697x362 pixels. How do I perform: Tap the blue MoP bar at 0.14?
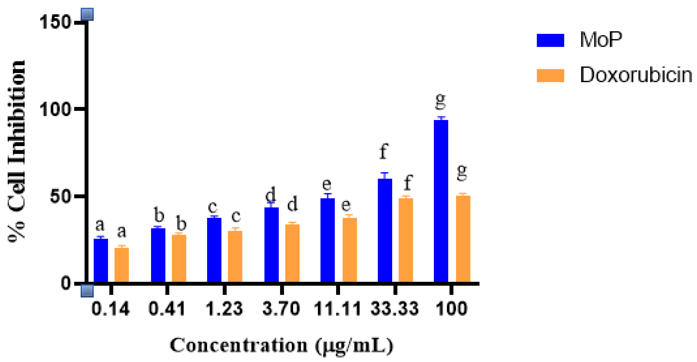101,260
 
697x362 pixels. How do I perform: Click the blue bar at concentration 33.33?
385,230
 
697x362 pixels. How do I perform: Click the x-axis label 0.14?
110,309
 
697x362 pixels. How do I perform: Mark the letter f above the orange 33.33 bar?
408,182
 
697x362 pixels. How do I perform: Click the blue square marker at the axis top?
87,14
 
